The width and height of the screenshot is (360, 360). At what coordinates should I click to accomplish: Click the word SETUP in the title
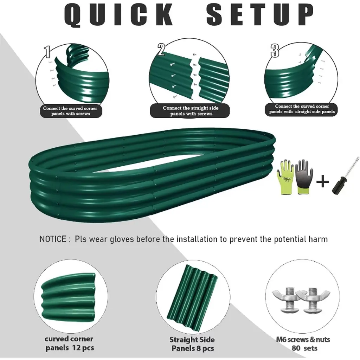(260, 14)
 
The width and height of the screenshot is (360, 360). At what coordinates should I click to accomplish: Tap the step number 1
(47, 52)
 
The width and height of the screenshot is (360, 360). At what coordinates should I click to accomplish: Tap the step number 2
(161, 49)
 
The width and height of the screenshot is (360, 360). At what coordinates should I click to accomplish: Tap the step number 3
(275, 51)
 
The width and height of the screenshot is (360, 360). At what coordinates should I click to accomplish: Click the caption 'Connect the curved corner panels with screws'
(70, 111)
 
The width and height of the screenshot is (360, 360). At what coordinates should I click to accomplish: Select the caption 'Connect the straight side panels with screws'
(191, 111)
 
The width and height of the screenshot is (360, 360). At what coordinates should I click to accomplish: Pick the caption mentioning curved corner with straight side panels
(302, 109)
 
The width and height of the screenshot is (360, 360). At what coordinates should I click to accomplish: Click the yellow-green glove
(285, 177)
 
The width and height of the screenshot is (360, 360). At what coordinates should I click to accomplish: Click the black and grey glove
(304, 176)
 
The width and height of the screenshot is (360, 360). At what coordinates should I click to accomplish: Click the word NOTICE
(53, 239)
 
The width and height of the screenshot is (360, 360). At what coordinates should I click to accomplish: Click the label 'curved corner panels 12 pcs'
(69, 343)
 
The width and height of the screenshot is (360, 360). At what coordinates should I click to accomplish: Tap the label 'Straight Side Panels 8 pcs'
(192, 344)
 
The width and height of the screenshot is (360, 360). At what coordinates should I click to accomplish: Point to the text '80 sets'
(304, 348)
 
